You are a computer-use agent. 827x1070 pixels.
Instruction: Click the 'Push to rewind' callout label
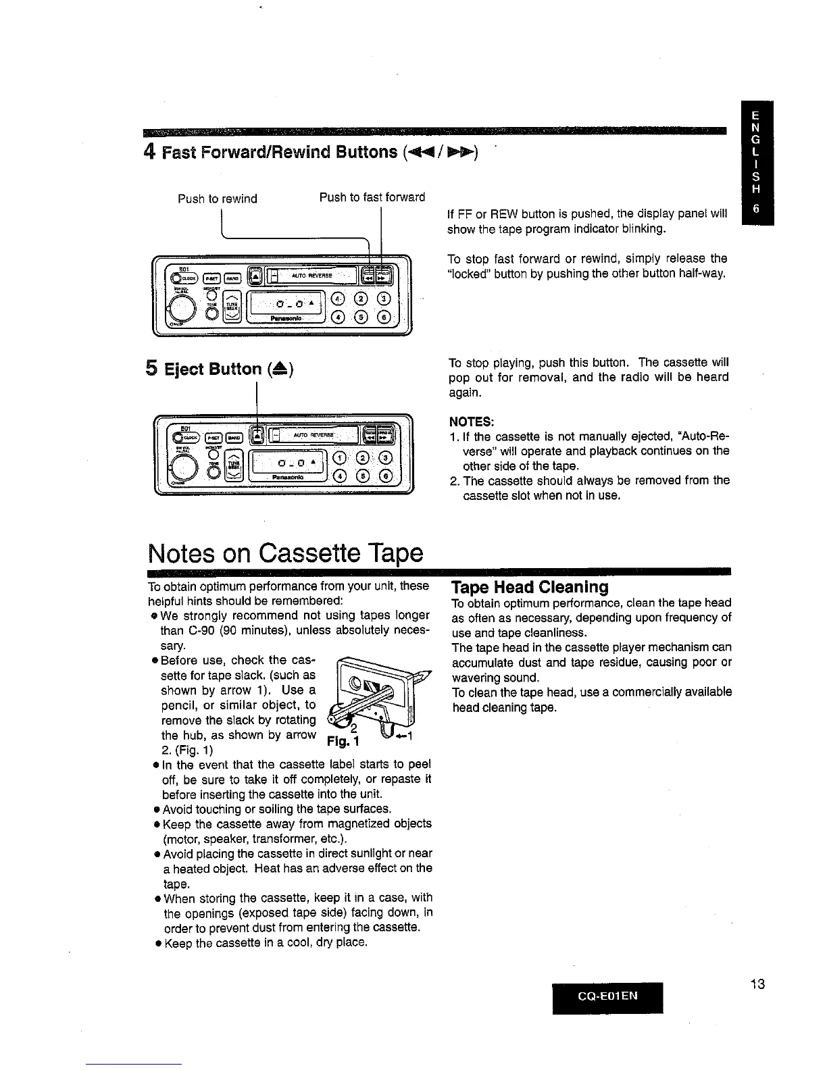point(217,199)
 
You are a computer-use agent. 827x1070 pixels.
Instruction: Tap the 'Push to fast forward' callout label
point(372,197)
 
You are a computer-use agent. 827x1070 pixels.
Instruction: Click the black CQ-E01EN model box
point(607,996)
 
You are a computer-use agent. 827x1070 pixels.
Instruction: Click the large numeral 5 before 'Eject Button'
point(152,369)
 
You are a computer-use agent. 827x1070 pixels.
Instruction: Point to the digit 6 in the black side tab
point(757,209)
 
